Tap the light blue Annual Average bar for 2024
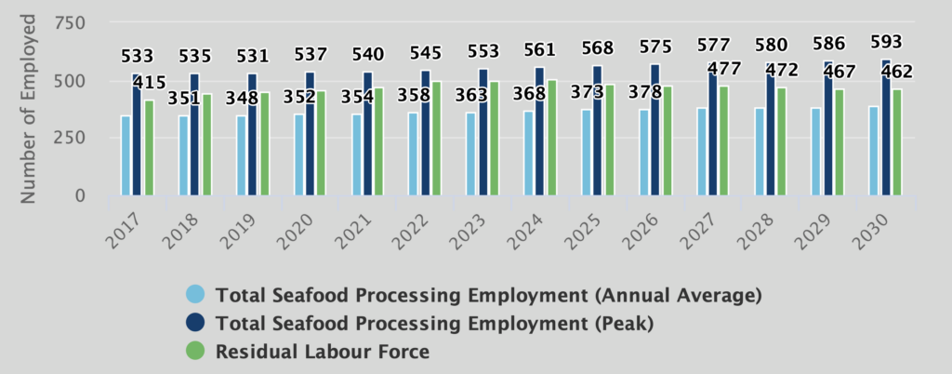529,154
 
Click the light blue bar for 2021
357,154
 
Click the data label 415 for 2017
149,84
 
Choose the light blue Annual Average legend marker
195,295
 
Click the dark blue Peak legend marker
195,324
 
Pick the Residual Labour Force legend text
323,353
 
